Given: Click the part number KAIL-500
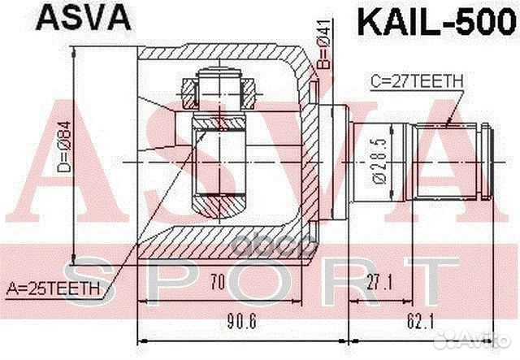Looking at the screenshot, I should point(431,17).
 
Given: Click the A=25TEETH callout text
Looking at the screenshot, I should point(54,287).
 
